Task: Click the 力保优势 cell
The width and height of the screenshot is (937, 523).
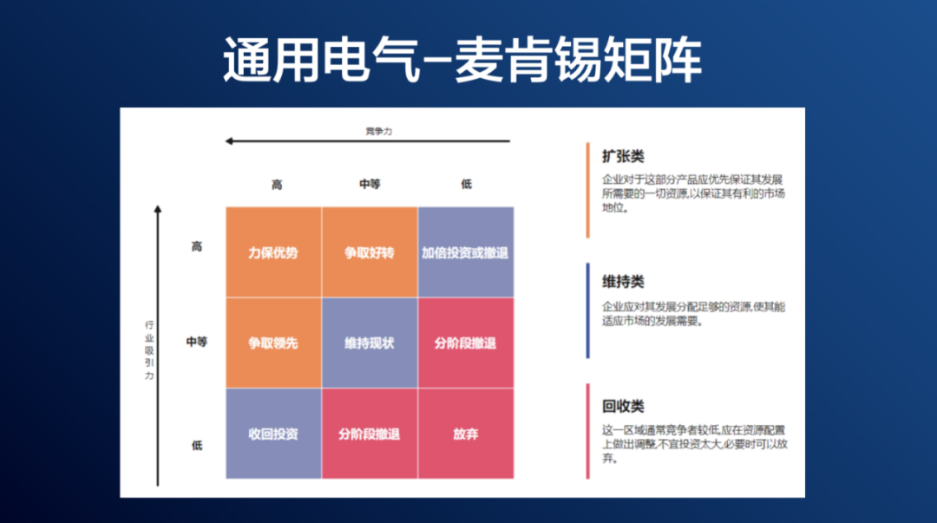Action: click(x=273, y=252)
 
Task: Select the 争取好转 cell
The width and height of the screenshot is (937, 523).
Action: click(x=369, y=252)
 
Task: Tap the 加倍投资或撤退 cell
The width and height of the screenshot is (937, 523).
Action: click(x=465, y=252)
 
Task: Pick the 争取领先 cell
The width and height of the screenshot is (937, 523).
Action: click(x=273, y=343)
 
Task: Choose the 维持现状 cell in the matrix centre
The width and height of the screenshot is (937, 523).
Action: click(x=369, y=343)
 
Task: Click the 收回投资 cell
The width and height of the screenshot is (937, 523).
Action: click(x=273, y=434)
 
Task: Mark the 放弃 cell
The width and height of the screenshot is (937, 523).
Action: click(x=465, y=434)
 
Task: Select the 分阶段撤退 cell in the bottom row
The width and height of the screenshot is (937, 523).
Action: click(x=369, y=434)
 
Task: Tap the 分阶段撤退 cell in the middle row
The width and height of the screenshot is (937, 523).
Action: click(x=465, y=343)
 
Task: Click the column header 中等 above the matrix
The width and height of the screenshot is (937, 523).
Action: click(x=370, y=185)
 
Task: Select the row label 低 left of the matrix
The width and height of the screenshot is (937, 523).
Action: click(x=197, y=446)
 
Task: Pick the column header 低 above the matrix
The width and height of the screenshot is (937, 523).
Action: click(x=466, y=185)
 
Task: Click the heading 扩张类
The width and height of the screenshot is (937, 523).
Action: click(x=623, y=157)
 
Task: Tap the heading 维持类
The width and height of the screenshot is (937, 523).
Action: click(x=623, y=282)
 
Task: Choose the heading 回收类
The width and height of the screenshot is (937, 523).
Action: click(x=623, y=406)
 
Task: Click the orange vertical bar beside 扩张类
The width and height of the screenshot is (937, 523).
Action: click(x=587, y=190)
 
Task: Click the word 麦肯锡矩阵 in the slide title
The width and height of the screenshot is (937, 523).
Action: click(x=578, y=61)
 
